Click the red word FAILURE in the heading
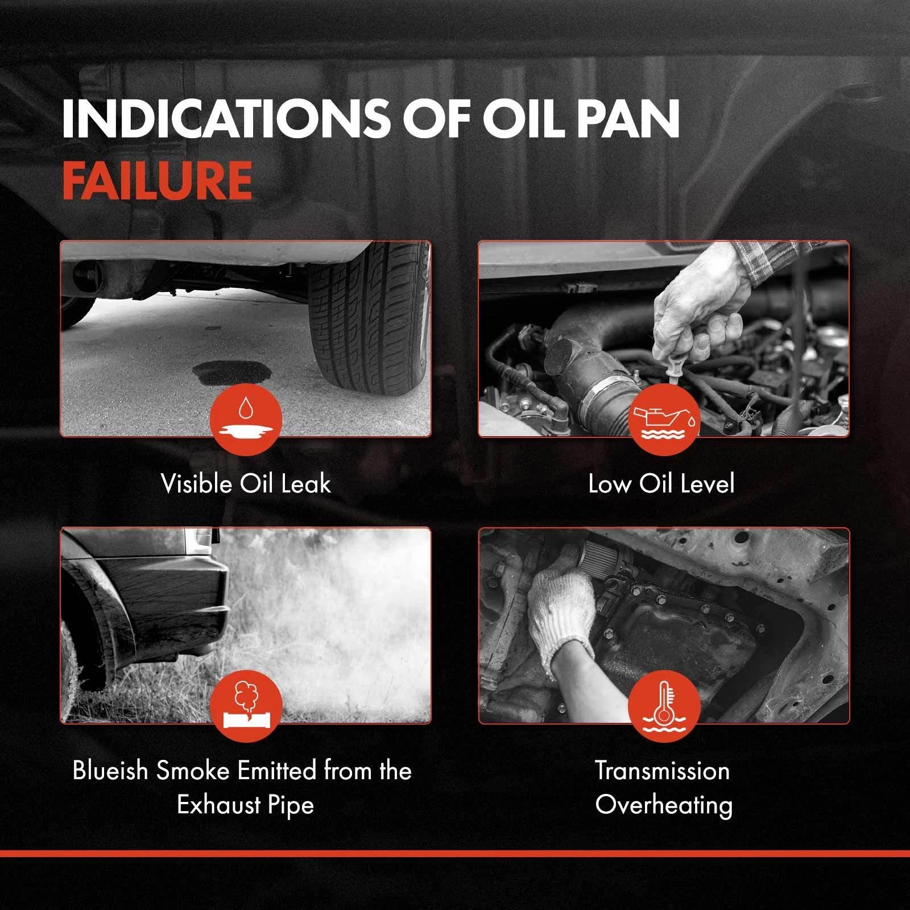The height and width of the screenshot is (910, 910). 157,180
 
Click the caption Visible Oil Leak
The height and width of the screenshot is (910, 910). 246,484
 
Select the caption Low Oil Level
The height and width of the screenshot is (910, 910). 661,484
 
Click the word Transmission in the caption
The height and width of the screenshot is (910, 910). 663,771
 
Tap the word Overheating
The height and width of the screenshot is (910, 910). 664,806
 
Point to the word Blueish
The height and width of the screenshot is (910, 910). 111,771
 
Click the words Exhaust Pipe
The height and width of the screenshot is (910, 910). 245,806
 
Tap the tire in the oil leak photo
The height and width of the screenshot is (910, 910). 369,318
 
